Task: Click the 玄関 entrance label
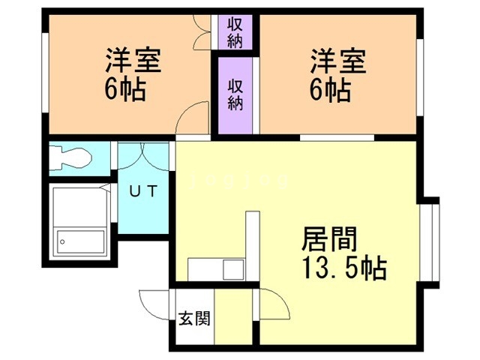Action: pyautogui.click(x=194, y=318)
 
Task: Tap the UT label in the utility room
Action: pyautogui.click(x=143, y=191)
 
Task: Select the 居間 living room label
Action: pyautogui.click(x=329, y=238)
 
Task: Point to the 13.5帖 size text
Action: pyautogui.click(x=345, y=268)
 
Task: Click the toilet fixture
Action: pyautogui.click(x=70, y=158)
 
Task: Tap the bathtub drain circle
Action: pyautogui.click(x=62, y=241)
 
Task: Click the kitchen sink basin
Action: pyautogui.click(x=234, y=269)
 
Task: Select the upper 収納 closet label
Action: pyautogui.click(x=235, y=32)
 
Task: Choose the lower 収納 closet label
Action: pyautogui.click(x=235, y=94)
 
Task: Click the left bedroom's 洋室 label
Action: pyautogui.click(x=133, y=60)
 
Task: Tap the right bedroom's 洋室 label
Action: pyautogui.click(x=338, y=61)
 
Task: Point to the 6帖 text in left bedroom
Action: pyautogui.click(x=125, y=89)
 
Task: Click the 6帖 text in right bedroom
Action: pyautogui.click(x=330, y=89)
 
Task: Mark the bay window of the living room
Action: pyautogui.click(x=430, y=242)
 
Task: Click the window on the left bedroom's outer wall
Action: pyautogui.click(x=45, y=73)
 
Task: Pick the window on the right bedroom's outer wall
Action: pyautogui.click(x=420, y=77)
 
